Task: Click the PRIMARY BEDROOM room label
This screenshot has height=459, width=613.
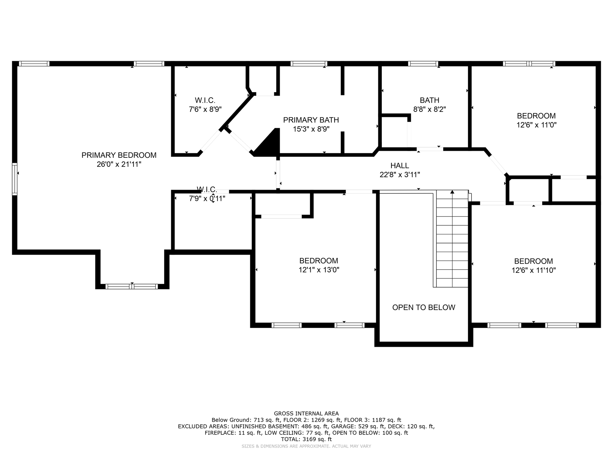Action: pos(119,155)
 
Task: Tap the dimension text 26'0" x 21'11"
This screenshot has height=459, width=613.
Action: pos(119,164)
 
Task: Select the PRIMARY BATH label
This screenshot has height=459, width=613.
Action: pos(311,120)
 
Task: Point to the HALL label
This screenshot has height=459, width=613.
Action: pos(400,166)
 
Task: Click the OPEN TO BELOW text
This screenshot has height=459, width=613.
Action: pos(424,308)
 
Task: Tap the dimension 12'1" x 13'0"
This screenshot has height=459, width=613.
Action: pos(319,270)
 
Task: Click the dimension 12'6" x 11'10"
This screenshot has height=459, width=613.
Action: pos(534,270)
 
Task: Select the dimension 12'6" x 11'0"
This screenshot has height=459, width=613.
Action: pos(536,125)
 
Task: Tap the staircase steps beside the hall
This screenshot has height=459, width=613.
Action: pos(452,239)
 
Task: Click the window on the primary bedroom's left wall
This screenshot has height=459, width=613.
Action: pos(14,179)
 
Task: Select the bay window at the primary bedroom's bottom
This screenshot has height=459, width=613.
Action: pos(132,286)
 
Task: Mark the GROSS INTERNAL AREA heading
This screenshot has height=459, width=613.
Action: pos(306,414)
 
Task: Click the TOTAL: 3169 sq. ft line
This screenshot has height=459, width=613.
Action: pos(306,439)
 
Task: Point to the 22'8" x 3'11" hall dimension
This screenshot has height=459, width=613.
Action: pos(400,175)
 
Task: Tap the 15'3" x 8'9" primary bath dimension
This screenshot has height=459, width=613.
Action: pos(311,129)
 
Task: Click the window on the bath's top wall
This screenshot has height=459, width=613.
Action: pos(423,64)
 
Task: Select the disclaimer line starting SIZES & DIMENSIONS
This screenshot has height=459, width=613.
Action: pos(306,446)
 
